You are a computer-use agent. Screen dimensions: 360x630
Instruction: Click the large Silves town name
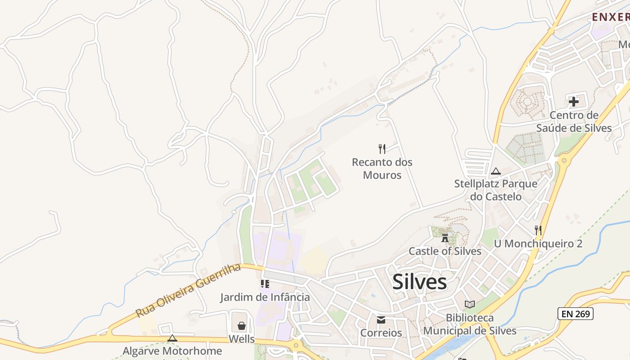[419, 282]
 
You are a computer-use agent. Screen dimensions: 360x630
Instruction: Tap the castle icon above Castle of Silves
[445, 238]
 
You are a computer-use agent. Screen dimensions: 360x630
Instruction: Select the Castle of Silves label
[445, 251]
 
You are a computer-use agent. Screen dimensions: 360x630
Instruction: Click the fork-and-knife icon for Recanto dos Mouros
[382, 148]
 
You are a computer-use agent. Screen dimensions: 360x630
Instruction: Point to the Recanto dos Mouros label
[382, 168]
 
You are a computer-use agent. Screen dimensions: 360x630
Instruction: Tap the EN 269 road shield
[575, 314]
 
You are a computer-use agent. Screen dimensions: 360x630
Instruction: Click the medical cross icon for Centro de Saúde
[573, 102]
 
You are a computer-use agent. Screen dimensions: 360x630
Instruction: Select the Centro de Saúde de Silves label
[574, 121]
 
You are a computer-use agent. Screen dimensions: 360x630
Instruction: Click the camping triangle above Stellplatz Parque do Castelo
[496, 171]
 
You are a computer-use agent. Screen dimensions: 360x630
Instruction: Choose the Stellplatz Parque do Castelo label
[495, 190]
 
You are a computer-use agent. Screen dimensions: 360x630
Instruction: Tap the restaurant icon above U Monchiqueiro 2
[538, 230]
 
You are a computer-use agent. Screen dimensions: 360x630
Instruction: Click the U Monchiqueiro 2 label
[538, 243]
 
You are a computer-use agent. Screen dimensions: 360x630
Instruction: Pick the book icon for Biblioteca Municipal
[470, 304]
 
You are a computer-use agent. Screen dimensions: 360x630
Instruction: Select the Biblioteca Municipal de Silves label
[470, 324]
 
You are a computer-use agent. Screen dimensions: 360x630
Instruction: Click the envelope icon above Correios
[381, 320]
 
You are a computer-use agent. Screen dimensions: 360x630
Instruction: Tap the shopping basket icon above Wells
[242, 325]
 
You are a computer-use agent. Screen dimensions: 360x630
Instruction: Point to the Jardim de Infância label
[265, 297]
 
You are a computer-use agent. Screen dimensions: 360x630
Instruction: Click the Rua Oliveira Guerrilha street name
[188, 291]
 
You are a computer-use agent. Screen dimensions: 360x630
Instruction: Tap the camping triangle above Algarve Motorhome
[172, 338]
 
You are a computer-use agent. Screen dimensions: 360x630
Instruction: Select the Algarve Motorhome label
[172, 351]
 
